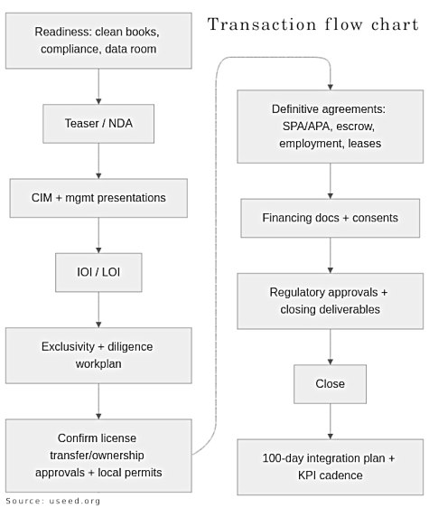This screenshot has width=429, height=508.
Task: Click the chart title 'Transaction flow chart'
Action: click(x=313, y=24)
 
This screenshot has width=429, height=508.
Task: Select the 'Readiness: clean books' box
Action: click(x=98, y=40)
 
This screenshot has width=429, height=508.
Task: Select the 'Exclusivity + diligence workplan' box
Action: click(x=98, y=354)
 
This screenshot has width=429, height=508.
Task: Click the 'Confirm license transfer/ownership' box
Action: click(x=98, y=455)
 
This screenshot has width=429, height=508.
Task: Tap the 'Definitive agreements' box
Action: click(x=330, y=126)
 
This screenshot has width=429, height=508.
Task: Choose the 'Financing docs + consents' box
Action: click(x=330, y=218)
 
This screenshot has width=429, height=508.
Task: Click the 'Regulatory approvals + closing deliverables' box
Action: click(x=330, y=301)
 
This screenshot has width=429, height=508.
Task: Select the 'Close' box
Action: click(x=330, y=383)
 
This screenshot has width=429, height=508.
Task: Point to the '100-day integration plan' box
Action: click(x=330, y=466)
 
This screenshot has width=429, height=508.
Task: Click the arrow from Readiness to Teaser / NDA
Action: click(x=98, y=88)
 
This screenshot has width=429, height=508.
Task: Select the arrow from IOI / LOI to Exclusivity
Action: click(x=98, y=311)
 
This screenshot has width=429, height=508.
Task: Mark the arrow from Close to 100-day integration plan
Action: click(x=330, y=421)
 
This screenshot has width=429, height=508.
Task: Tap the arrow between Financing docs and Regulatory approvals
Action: click(x=330, y=255)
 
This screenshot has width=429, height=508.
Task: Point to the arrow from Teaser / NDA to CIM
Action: click(x=98, y=162)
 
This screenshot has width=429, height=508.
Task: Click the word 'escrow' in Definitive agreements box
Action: click(x=355, y=127)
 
